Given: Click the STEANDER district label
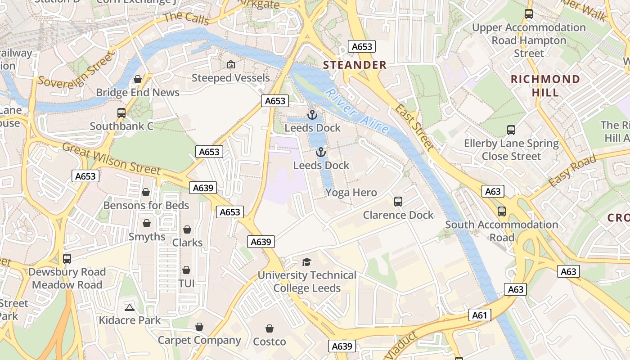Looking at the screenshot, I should (x=355, y=65).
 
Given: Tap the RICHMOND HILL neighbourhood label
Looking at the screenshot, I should (x=545, y=86).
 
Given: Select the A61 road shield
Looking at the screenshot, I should (x=479, y=315).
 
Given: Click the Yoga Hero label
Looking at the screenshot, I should (x=351, y=193).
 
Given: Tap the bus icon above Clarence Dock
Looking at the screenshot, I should (x=398, y=201).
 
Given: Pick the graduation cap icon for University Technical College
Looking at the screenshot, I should (x=307, y=262).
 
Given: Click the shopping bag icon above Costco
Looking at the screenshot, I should (x=270, y=328).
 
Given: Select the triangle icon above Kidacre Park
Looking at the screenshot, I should (x=130, y=308).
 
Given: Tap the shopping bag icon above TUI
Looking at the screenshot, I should (x=186, y=270).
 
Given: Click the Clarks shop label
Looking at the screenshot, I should (x=187, y=243).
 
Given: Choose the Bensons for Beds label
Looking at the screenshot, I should (x=146, y=205).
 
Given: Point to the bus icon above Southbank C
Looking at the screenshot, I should (x=121, y=112).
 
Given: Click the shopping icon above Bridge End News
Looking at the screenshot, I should (x=138, y=79).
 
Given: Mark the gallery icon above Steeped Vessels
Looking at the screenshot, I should (x=231, y=65).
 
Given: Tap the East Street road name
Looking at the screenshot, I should (x=415, y=127).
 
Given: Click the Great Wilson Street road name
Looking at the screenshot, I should (x=111, y=159).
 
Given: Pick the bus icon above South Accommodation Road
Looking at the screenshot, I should (x=502, y=211).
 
